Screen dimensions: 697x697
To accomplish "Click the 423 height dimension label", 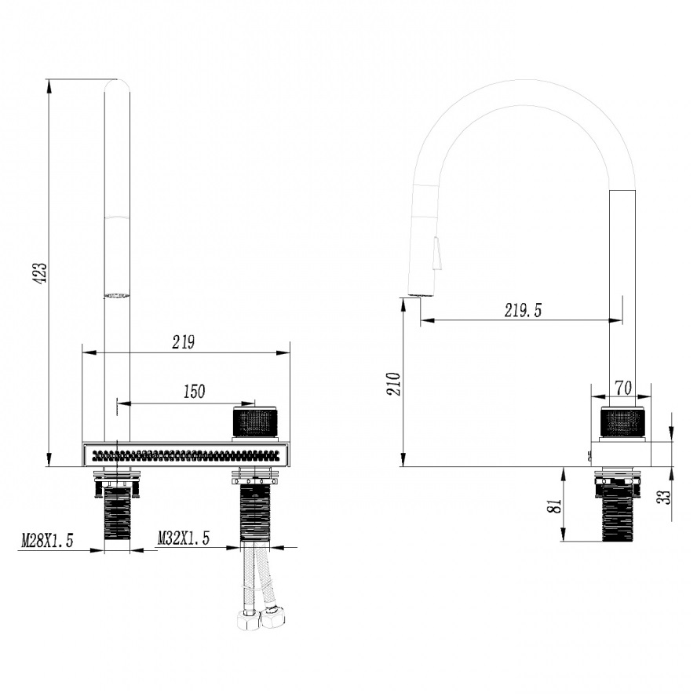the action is pos(41,273).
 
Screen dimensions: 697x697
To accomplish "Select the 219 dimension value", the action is pos(184,342).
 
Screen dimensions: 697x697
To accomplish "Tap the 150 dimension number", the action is pos(194,392).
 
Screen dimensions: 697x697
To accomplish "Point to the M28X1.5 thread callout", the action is pos(47,541).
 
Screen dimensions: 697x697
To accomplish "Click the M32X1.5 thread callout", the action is pos(183,538).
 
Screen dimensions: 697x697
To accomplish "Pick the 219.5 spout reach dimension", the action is pos(524,310).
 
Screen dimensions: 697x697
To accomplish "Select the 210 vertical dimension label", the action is pos(394,384).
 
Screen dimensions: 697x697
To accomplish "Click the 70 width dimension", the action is pos(624,388).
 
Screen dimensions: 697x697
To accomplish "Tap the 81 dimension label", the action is pos(555,505).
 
